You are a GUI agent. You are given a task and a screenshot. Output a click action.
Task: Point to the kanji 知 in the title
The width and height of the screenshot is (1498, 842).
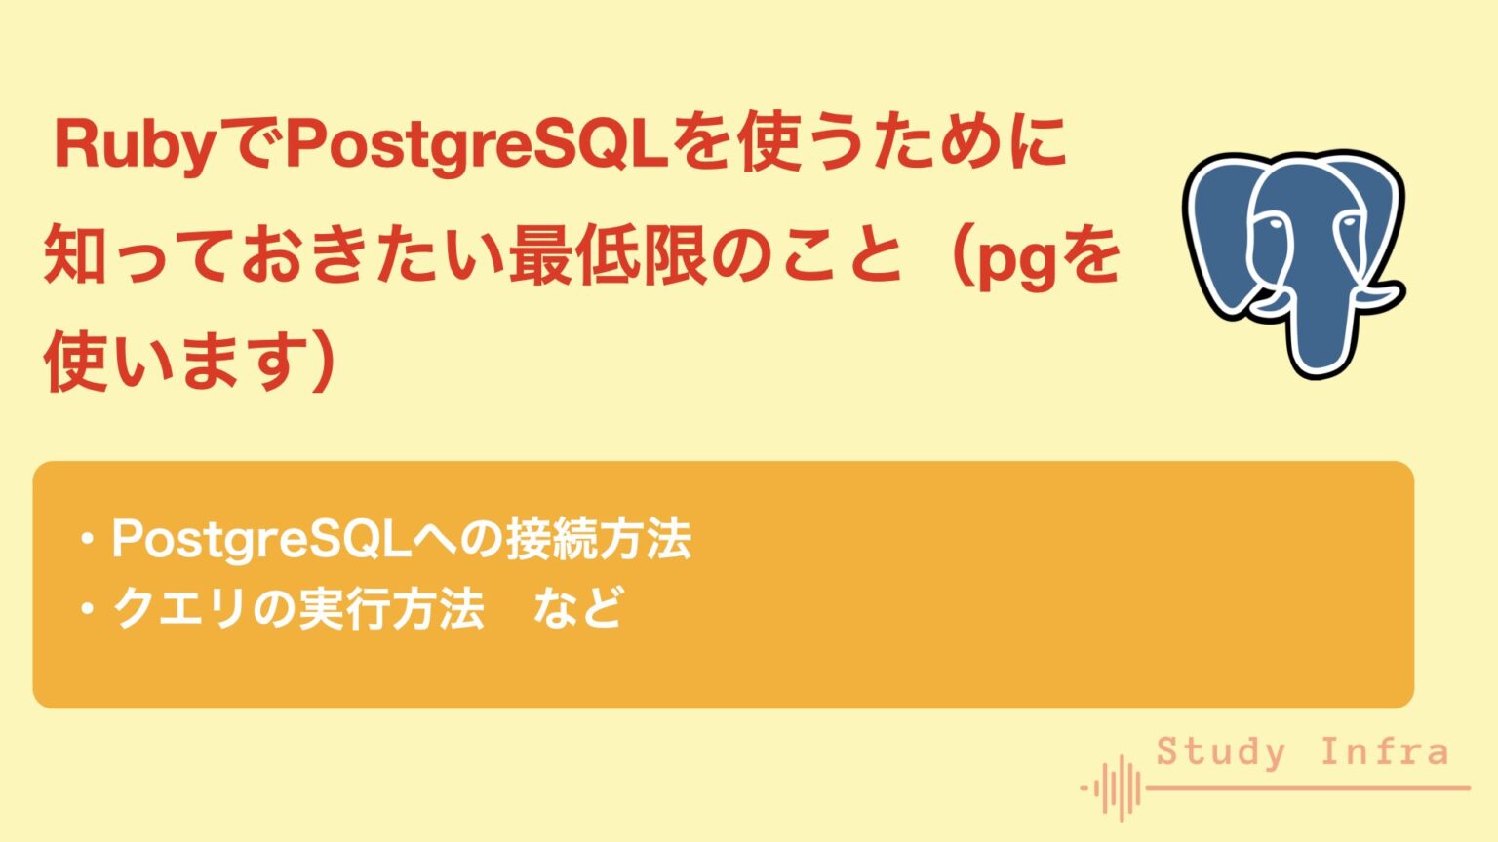pos(76,255)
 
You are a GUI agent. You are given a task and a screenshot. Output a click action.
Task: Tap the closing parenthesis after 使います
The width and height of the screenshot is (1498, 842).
pos(321,361)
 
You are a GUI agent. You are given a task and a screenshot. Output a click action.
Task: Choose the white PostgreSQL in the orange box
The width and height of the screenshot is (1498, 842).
pos(260,540)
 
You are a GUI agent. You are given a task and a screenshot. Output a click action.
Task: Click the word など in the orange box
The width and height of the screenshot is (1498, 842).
pos(577,609)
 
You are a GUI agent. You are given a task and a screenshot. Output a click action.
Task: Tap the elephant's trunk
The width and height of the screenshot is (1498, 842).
pos(1321,331)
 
